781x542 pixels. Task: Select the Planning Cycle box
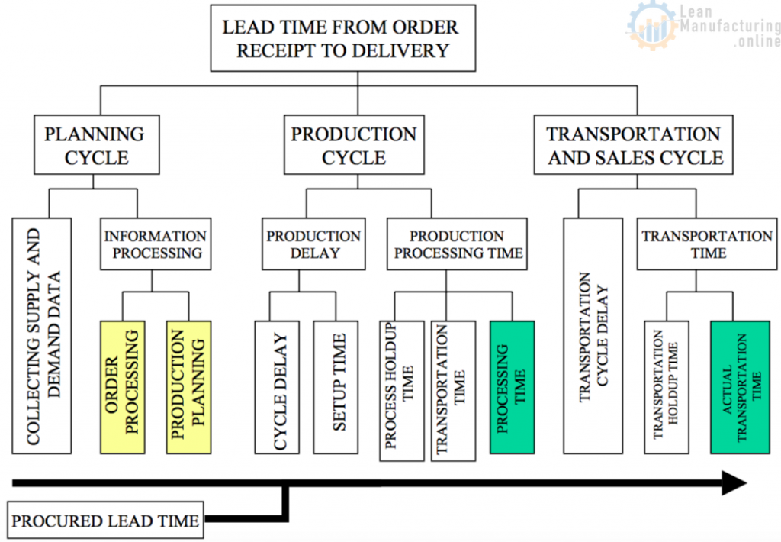pyautogui.click(x=95, y=144)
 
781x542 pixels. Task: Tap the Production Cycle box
pyautogui.click(x=353, y=144)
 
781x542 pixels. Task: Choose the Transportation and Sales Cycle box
pyautogui.click(x=633, y=144)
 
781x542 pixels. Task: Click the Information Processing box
pyautogui.click(x=155, y=244)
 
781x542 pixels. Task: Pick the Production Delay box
pyautogui.click(x=313, y=244)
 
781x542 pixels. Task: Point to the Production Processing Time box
pyautogui.click(x=456, y=244)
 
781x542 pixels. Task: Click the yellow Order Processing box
pyautogui.click(x=122, y=387)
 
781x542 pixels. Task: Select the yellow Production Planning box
pyautogui.click(x=188, y=387)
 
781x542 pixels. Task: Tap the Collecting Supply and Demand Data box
pyautogui.click(x=42, y=336)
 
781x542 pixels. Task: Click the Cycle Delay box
pyautogui.click(x=276, y=387)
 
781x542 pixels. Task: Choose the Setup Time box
pyautogui.click(x=336, y=387)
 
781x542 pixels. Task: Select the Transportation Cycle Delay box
pyautogui.click(x=593, y=336)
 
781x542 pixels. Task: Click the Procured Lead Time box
pyautogui.click(x=105, y=521)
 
